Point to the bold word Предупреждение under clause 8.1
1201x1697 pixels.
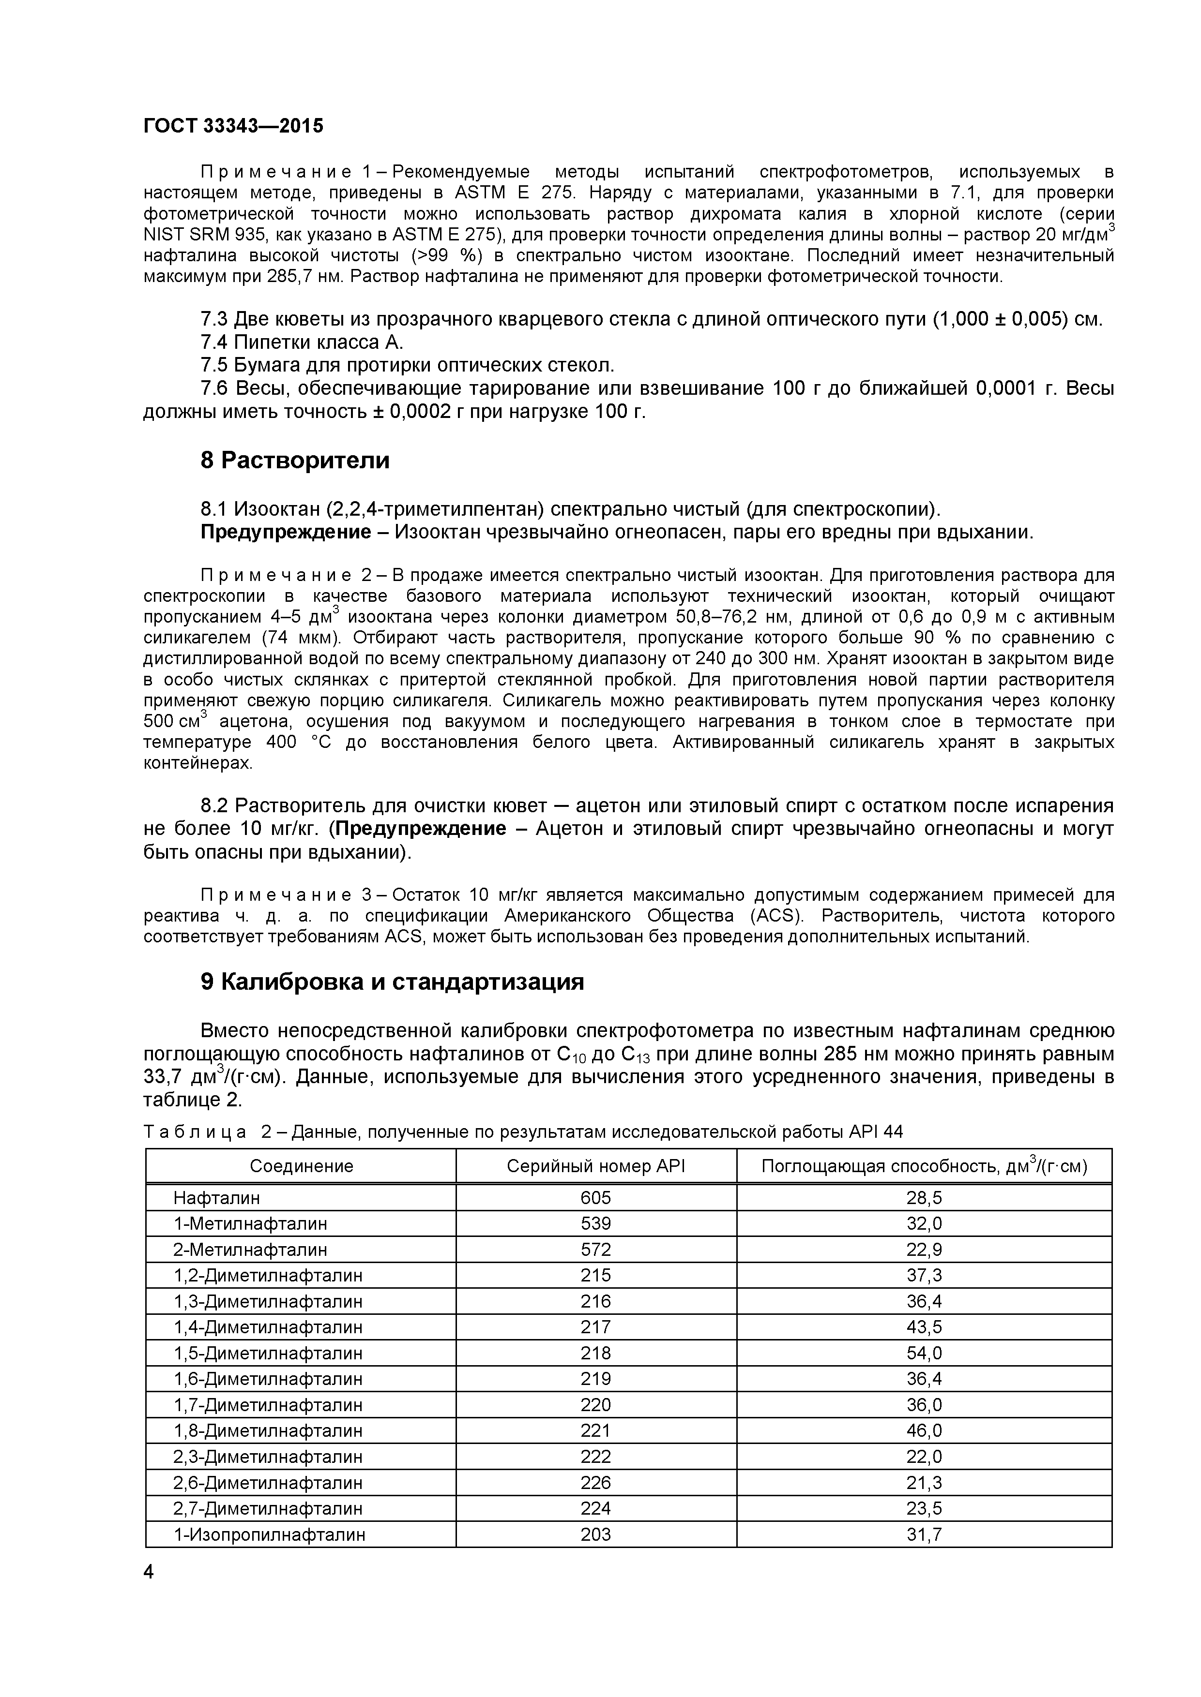point(286,532)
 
